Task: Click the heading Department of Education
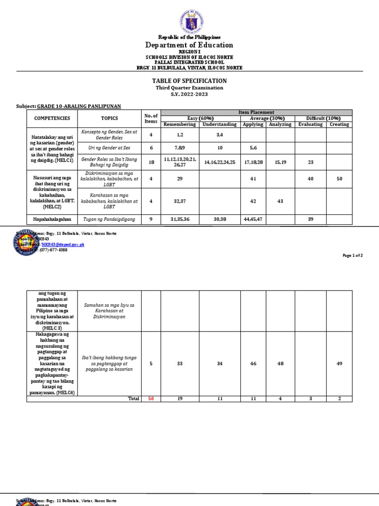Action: pyautogui.click(x=189, y=45)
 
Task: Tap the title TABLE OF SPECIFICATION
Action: pyautogui.click(x=189, y=81)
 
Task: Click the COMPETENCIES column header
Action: pyautogui.click(x=52, y=119)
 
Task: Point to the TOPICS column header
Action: pyautogui.click(x=110, y=119)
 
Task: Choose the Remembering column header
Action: pyautogui.click(x=180, y=125)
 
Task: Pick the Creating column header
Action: pyautogui.click(x=339, y=125)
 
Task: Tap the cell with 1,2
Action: pyautogui.click(x=180, y=135)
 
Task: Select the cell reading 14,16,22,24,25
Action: pyautogui.click(x=220, y=162)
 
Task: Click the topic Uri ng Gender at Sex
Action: pyautogui.click(x=110, y=148)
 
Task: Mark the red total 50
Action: pyautogui.click(x=151, y=398)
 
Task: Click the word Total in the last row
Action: pyautogui.click(x=133, y=398)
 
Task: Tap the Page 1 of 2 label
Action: pyautogui.click(x=353, y=255)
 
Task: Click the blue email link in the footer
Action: pyautogui.click(x=63, y=244)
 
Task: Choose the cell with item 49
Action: pyautogui.click(x=339, y=364)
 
